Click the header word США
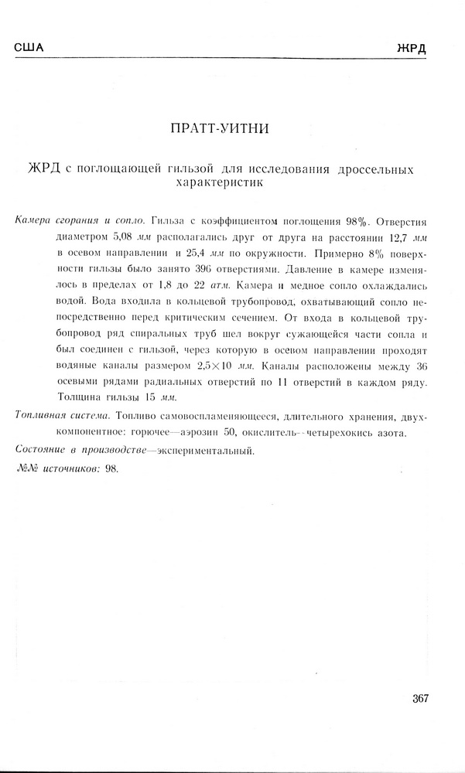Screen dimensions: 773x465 point(29,48)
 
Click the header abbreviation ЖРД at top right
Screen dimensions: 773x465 point(412,48)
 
